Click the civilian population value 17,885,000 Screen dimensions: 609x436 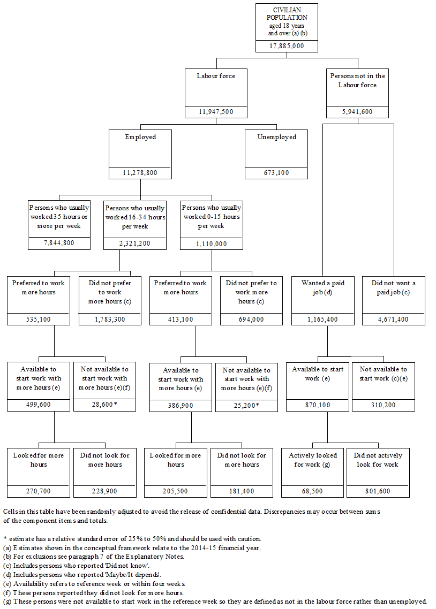pos(287,46)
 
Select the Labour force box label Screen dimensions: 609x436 pos(216,76)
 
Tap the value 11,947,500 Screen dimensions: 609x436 pos(216,112)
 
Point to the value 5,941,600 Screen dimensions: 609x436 pos(357,112)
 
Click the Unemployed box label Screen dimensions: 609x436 pos(276,137)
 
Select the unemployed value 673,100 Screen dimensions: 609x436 pos(276,173)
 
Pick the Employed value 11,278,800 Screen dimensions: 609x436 pos(140,173)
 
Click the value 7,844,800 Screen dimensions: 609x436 pos(59,243)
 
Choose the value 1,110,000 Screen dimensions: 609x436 pos(211,243)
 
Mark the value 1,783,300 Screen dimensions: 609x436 pos(110,319)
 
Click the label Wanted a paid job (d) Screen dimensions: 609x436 pos(323,287)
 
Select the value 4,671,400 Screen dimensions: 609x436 pos(394,319)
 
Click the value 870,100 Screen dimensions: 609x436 pos(318,405)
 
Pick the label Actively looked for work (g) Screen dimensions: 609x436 pos(313,460)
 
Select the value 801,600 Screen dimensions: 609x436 pos(378,491)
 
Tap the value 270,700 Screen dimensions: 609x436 pos(39,491)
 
